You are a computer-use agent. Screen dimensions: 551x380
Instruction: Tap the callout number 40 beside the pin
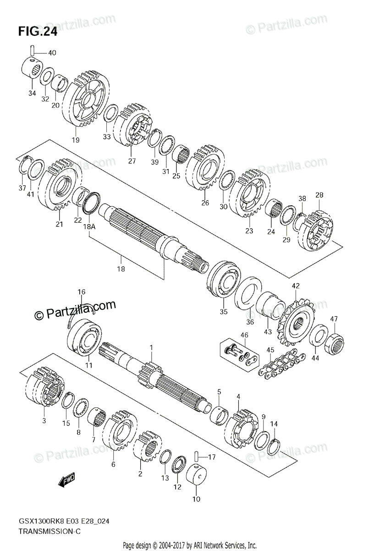point(52,53)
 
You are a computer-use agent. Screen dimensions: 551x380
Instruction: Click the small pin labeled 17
point(197,457)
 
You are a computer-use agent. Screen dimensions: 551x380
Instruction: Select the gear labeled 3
point(46,390)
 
